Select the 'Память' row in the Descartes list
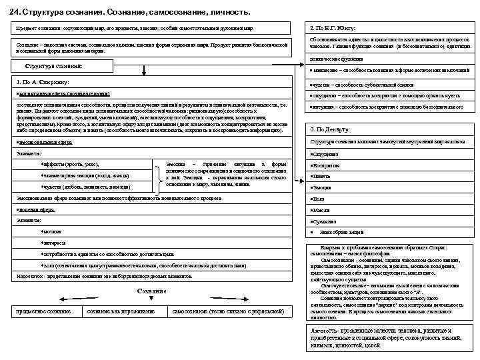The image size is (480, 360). [321, 176]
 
